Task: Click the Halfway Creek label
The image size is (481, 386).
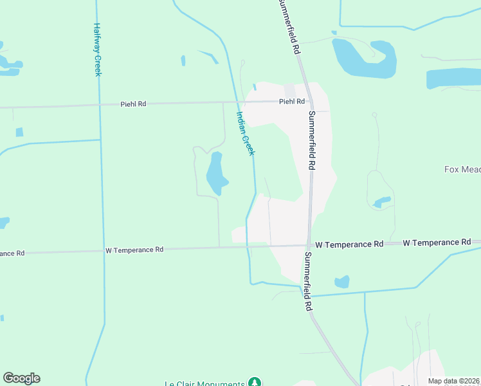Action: tap(97, 50)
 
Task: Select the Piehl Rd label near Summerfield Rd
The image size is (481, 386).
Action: tap(291, 102)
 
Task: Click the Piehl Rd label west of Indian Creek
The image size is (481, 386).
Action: tap(133, 104)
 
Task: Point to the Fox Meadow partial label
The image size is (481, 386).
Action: tap(462, 170)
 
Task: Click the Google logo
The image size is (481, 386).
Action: tap(21, 378)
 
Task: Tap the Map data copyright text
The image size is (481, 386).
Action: tap(454, 381)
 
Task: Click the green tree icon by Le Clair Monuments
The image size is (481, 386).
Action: tap(255, 382)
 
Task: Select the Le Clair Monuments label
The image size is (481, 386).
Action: tap(205, 383)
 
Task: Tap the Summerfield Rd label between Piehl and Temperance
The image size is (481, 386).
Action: tap(311, 140)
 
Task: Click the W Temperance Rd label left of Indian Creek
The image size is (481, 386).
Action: tap(134, 249)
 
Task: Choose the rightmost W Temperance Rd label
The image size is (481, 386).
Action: tap(438, 243)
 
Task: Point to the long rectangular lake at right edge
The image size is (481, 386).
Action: tap(453, 78)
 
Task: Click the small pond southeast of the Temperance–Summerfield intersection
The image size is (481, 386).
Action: tap(342, 282)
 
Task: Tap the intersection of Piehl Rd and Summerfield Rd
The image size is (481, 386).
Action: tap(308, 100)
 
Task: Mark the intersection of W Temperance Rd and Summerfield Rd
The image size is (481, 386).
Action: tap(309, 244)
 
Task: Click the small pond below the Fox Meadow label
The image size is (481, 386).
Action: tap(382, 202)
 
